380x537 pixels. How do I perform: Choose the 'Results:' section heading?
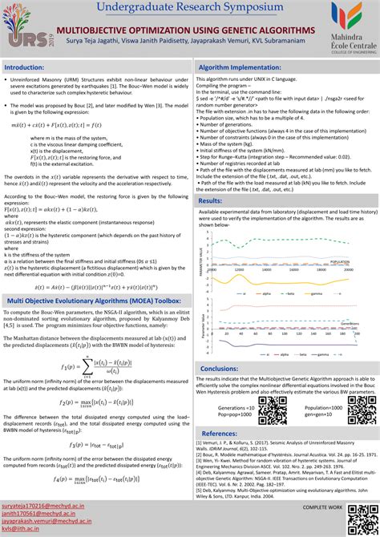coord(211,200)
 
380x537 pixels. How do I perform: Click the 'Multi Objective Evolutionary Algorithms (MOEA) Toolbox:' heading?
coord(93,300)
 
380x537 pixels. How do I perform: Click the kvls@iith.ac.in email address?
coord(25,530)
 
